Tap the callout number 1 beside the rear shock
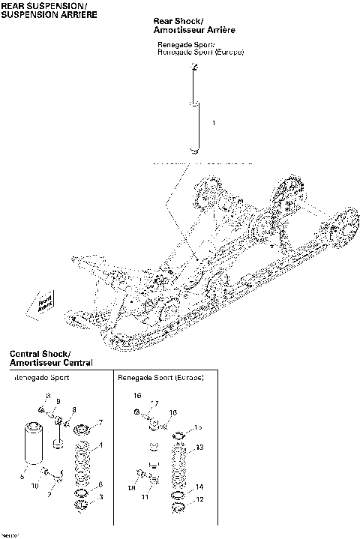tap(214, 123)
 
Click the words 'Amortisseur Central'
tap(51, 363)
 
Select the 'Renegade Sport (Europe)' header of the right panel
tap(161, 379)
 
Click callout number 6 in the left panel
tap(100, 485)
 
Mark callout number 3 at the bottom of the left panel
tap(101, 497)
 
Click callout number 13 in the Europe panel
tap(199, 448)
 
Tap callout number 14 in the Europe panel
tap(199, 487)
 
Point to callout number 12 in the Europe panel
tap(199, 499)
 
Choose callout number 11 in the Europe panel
tap(146, 497)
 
